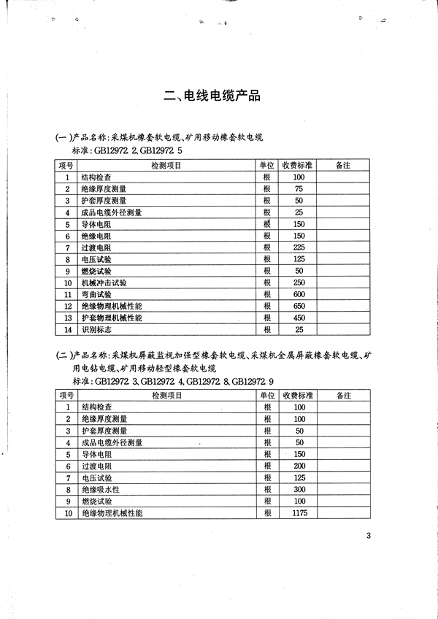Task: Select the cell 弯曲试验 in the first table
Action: tap(96, 294)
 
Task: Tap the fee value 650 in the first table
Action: tap(299, 306)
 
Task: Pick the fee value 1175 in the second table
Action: tap(299, 513)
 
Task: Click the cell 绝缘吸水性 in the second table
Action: tap(100, 489)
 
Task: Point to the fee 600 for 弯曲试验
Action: tap(299, 294)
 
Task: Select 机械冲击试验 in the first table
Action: tap(103, 282)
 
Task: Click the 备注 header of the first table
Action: tap(343, 166)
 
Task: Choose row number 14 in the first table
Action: tap(68, 329)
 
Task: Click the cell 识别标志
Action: tap(96, 329)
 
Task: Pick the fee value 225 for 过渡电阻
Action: tap(299, 247)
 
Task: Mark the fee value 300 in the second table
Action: tap(299, 489)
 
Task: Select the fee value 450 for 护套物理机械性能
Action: tap(299, 318)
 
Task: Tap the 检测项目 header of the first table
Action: tap(166, 166)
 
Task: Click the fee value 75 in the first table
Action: tap(299, 189)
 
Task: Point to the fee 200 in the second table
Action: tap(299, 466)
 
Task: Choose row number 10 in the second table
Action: tap(68, 513)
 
